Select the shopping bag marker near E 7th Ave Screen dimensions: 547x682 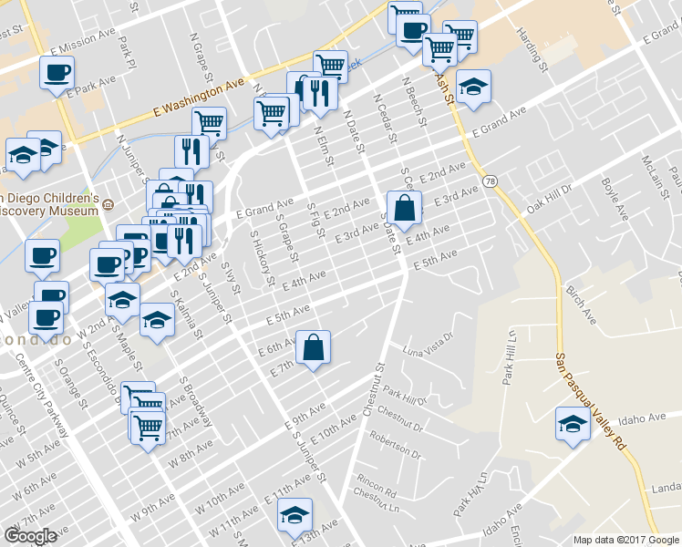[313, 348]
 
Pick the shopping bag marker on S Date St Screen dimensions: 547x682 [404, 208]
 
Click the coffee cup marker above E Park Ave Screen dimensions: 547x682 [57, 72]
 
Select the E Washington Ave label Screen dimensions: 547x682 [200, 98]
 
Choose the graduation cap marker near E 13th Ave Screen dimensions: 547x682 [294, 515]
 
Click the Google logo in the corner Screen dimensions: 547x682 [30, 535]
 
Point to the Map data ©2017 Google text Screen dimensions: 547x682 [626, 540]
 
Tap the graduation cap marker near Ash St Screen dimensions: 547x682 [473, 87]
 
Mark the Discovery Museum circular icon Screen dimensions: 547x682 [108, 204]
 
